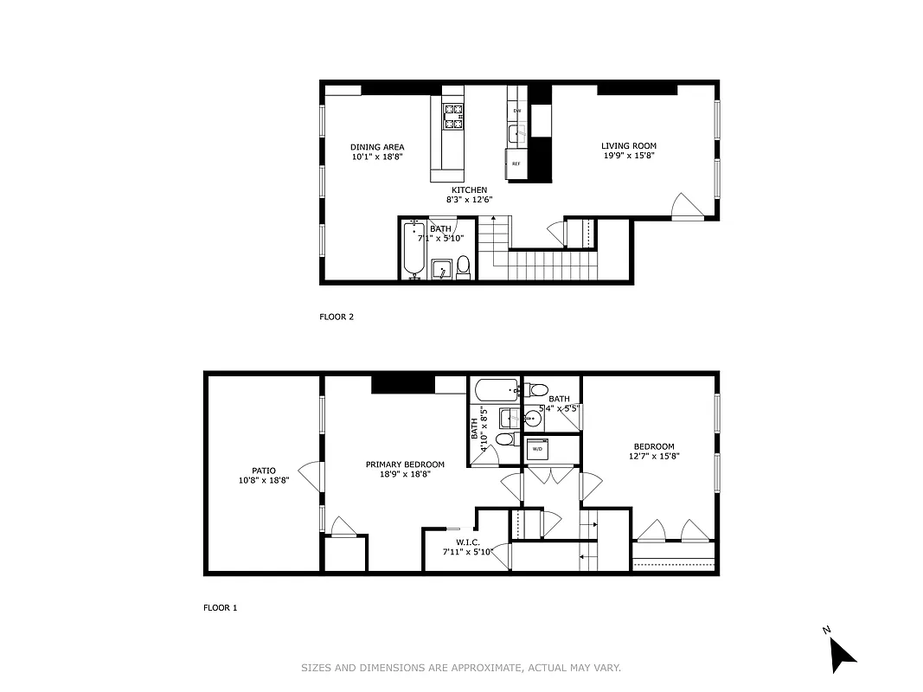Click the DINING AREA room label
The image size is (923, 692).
coord(376,147)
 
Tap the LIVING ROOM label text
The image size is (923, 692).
coord(629,146)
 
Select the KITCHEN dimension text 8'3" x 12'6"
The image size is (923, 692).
coord(469,200)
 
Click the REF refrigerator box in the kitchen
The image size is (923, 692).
coord(516,163)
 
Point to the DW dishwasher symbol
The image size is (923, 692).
coord(517,111)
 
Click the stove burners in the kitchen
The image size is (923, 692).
coord(453,116)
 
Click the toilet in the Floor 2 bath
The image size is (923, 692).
coord(463,266)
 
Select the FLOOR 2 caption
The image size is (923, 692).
coord(337,317)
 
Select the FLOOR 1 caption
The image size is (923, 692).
coord(220,607)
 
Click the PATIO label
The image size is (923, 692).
coord(264,471)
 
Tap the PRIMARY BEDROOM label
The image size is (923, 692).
coord(405,465)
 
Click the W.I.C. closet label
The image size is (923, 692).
coord(455,542)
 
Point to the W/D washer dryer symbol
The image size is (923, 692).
coord(537,449)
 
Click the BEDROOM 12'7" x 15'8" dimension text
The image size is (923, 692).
coord(653,456)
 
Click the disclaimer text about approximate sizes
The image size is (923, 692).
coord(461,667)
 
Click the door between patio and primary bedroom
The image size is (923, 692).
coord(313,476)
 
